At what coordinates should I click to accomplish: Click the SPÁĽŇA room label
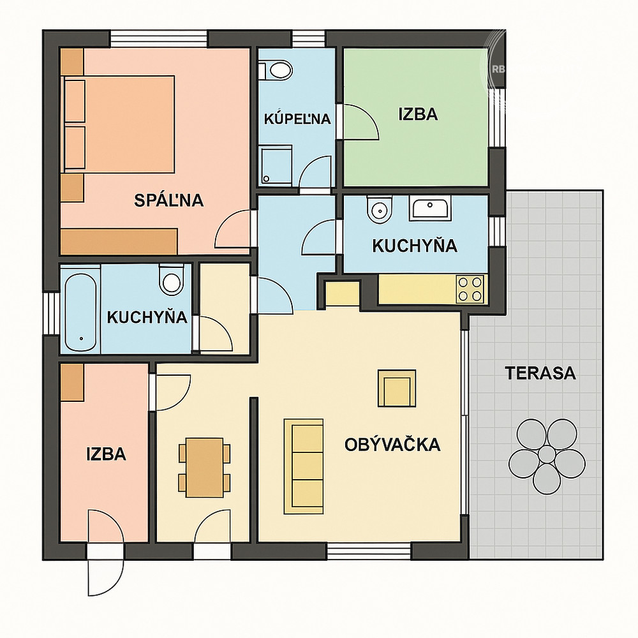tap(169, 200)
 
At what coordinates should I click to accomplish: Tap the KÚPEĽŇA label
tap(297, 119)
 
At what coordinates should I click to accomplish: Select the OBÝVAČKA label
tap(392, 444)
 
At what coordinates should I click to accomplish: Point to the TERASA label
tap(540, 373)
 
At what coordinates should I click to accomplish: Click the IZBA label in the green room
tap(418, 114)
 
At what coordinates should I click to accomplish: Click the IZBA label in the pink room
tap(106, 454)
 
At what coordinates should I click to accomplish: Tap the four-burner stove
tap(470, 289)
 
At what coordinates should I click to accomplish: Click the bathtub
tap(80, 311)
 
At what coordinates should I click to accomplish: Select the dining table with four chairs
tap(204, 468)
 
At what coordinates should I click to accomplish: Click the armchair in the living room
tap(397, 388)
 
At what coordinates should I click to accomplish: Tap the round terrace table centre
tap(547, 453)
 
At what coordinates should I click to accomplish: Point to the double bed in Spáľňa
tap(119, 124)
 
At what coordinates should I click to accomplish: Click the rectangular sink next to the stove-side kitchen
tap(430, 208)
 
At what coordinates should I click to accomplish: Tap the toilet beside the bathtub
tap(171, 279)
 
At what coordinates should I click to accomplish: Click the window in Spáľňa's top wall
tap(159, 39)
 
